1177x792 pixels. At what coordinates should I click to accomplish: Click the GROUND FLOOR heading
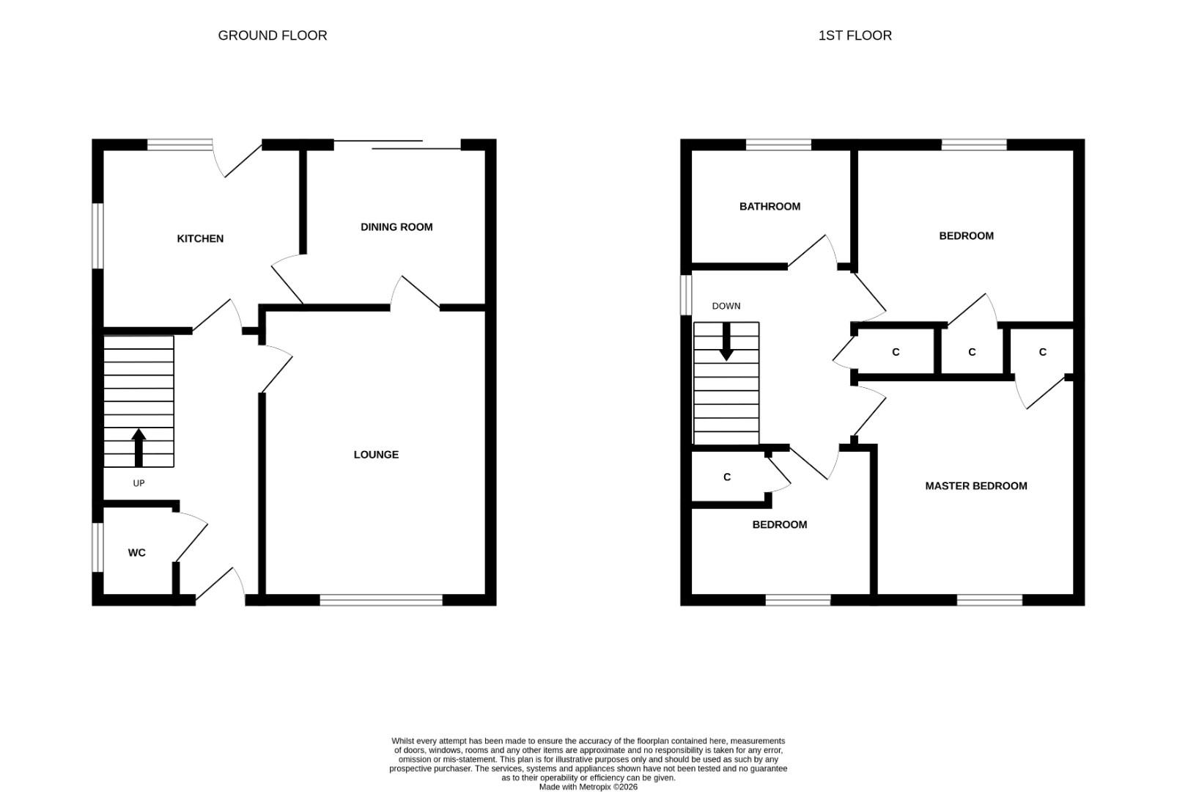pyautogui.click(x=272, y=35)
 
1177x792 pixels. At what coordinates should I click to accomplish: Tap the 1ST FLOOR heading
pyautogui.click(x=855, y=35)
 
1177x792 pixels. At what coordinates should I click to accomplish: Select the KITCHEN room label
pyautogui.click(x=200, y=239)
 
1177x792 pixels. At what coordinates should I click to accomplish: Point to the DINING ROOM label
pyautogui.click(x=396, y=227)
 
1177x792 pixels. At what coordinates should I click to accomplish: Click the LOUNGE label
pyautogui.click(x=376, y=455)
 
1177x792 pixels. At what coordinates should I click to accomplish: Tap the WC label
pyautogui.click(x=136, y=553)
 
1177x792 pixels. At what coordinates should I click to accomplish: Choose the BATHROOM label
pyautogui.click(x=770, y=207)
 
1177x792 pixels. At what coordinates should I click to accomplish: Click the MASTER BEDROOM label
pyautogui.click(x=976, y=486)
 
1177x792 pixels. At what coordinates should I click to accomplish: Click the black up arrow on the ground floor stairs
pyautogui.click(x=139, y=447)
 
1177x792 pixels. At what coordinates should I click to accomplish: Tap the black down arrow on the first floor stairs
pyautogui.click(x=726, y=341)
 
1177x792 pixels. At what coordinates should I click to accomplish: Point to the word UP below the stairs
pyautogui.click(x=139, y=483)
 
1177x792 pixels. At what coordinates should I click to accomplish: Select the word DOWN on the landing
pyautogui.click(x=726, y=306)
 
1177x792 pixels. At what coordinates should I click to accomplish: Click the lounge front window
pyautogui.click(x=382, y=600)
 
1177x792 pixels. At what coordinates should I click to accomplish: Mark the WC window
pyautogui.click(x=97, y=548)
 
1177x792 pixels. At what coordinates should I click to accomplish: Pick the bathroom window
pyautogui.click(x=779, y=144)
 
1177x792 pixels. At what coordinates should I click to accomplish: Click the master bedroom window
pyautogui.click(x=990, y=600)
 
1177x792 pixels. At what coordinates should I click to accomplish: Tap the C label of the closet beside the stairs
pyautogui.click(x=727, y=477)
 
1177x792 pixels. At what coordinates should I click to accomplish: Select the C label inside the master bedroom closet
pyautogui.click(x=1043, y=352)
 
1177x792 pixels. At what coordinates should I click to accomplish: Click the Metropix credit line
pyautogui.click(x=588, y=788)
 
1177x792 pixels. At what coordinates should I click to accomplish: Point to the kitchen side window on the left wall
pyautogui.click(x=97, y=236)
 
